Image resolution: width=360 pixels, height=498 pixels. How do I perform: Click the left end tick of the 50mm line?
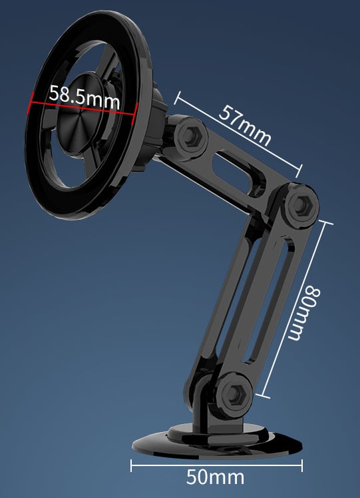point(131,465)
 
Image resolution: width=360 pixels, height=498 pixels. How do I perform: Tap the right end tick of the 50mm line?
point(303,465)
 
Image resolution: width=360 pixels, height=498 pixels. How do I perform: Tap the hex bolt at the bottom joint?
point(234,393)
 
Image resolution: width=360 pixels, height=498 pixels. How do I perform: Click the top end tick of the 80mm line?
point(323,220)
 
